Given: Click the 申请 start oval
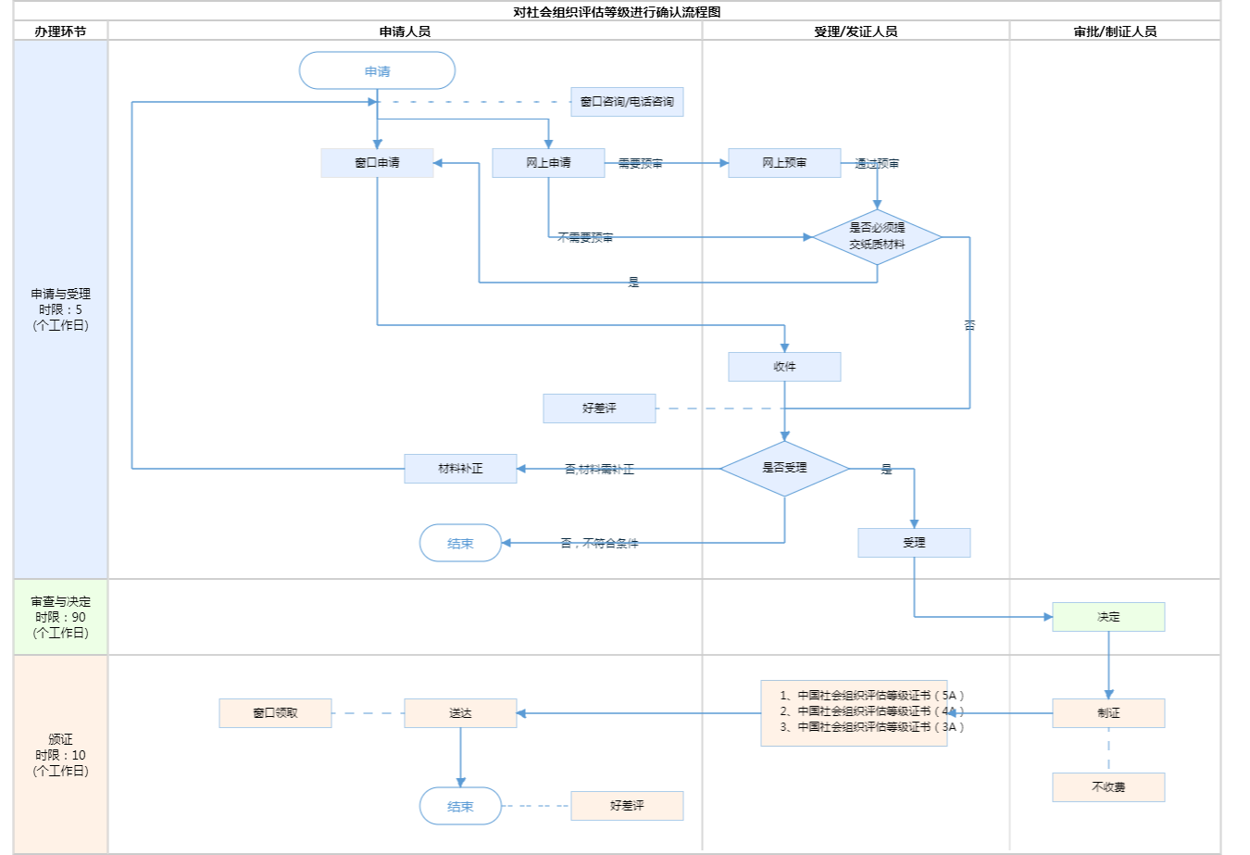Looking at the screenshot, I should point(377,71).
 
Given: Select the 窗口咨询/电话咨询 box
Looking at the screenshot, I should point(627,102).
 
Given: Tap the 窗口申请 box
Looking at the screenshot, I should point(377,163).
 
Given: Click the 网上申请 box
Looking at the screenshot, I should point(548,163).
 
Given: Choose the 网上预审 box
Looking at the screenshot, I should point(784,163).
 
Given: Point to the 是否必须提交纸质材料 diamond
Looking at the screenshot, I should point(877,237).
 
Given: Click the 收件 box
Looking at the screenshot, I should point(784,367).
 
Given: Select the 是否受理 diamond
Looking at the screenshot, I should point(784,469).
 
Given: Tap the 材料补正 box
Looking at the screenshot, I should point(460,469).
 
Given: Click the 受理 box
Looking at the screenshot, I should point(914,543).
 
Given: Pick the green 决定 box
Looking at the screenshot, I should point(1108,617).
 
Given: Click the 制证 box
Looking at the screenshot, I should point(1108,713).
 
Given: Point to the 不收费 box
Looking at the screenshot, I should point(1108,787).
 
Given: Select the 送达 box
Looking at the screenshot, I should point(460,713).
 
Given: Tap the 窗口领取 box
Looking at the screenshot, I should point(275,713).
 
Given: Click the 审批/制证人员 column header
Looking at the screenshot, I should point(1115,31).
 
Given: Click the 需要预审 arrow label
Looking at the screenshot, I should point(640,164).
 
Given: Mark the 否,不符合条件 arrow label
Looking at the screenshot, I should point(599,544).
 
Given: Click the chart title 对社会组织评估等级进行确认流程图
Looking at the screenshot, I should point(617,12).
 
